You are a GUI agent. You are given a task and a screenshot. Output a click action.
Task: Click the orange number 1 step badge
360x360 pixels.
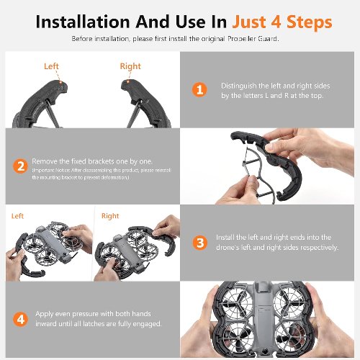[199, 90]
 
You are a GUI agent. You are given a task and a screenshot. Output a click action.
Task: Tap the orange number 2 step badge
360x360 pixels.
[20, 166]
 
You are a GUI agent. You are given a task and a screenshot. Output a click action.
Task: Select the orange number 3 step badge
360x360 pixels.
[200, 243]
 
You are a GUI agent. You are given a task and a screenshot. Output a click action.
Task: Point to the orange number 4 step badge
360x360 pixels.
[20, 319]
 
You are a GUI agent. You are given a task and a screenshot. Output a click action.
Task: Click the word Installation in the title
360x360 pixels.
[83, 22]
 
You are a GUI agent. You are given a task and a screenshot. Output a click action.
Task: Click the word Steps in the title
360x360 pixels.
[310, 22]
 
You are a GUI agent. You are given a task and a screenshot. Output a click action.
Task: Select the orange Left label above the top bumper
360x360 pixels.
[51, 66]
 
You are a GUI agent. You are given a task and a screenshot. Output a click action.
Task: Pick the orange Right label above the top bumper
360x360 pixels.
[130, 66]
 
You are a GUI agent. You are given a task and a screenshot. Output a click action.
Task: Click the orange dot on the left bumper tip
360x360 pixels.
[61, 83]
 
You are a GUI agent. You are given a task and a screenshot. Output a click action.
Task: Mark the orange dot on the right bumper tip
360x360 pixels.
[128, 82]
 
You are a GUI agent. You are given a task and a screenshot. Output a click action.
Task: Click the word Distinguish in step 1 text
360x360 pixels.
[239, 86]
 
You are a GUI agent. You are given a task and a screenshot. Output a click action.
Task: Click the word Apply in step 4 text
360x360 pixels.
[44, 314]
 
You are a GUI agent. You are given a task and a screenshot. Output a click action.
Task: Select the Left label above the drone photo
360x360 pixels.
[17, 216]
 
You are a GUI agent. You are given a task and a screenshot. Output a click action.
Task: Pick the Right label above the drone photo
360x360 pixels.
[110, 216]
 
